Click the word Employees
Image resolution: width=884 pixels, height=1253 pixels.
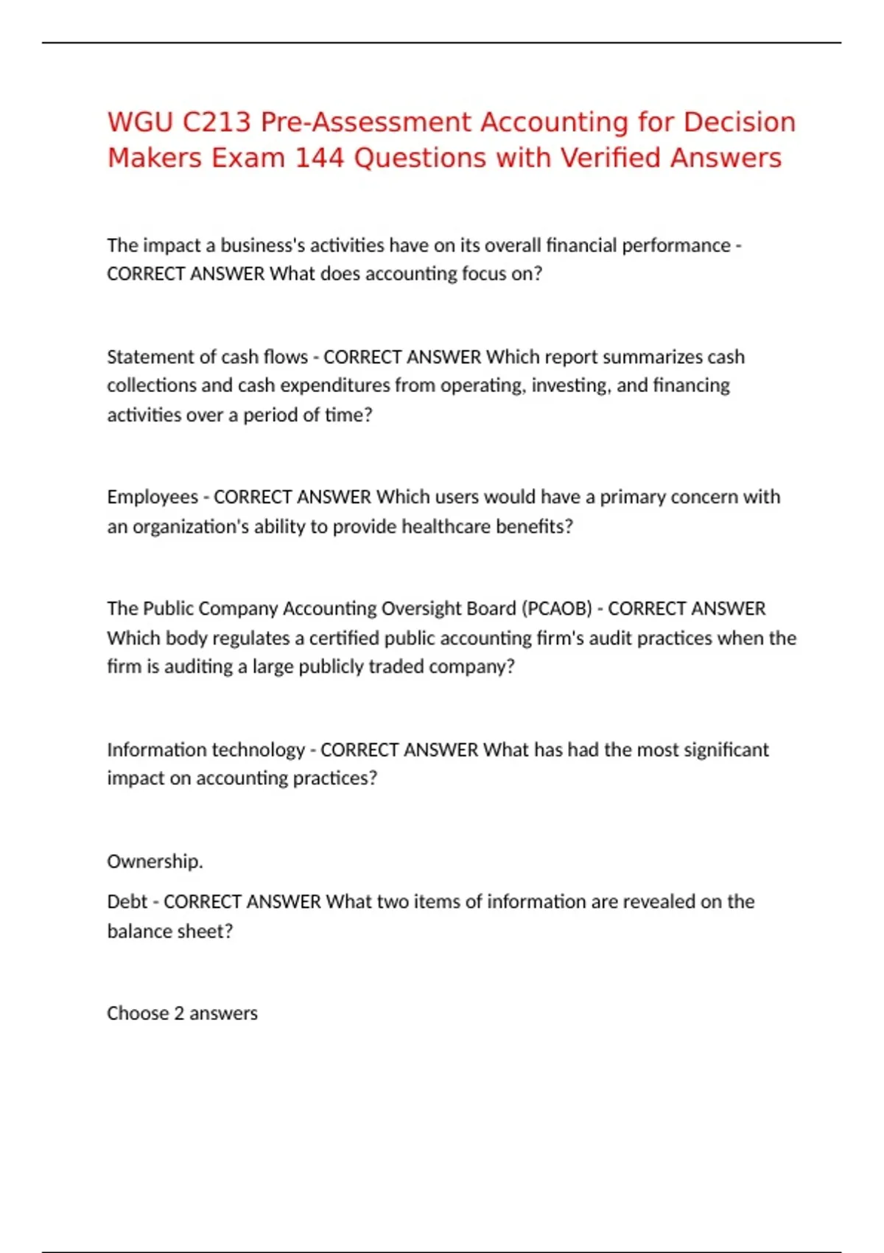tap(152, 498)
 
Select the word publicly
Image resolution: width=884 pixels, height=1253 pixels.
tap(334, 667)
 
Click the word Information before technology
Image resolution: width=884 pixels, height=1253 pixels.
tap(155, 750)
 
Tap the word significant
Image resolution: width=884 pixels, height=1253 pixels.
tap(726, 750)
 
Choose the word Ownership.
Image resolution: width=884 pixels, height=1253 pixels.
tap(155, 862)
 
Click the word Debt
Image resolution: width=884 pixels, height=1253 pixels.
tap(127, 902)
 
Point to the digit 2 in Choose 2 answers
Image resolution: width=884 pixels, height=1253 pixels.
tap(179, 1013)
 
